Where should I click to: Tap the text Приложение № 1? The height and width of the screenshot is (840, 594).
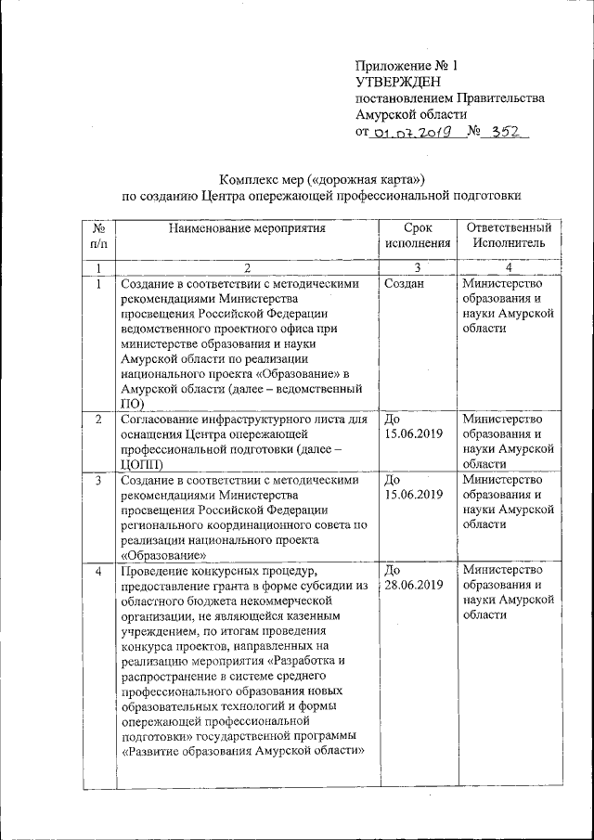tap(407, 66)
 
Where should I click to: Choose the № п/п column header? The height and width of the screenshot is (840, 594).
tap(98, 235)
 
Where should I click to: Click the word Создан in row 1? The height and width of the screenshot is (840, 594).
tap(404, 284)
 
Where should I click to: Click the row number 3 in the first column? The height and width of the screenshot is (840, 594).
tap(98, 480)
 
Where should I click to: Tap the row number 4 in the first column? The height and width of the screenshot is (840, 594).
tap(98, 569)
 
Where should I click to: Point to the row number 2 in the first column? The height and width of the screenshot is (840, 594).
tap(98, 420)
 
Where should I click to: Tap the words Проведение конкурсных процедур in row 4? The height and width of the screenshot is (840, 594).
tap(219, 569)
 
